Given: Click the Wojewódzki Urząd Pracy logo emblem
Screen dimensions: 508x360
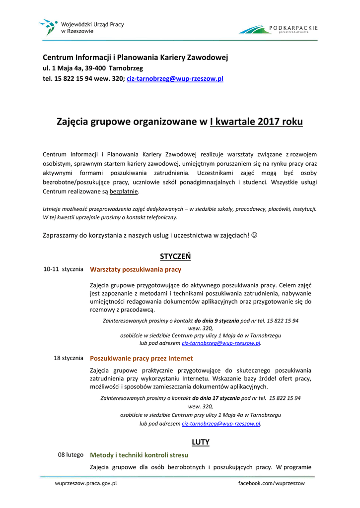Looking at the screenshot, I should [48, 26].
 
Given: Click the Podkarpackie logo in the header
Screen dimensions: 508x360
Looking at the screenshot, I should [278, 29].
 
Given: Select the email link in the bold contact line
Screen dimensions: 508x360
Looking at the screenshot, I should [175, 78].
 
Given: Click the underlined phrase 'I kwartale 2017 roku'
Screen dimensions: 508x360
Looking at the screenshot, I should [256, 122].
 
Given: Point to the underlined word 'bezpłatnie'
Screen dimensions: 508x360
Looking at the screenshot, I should [124, 191].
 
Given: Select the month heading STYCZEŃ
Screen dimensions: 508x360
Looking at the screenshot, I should [175, 256].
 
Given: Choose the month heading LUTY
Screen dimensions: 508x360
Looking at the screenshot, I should [201, 442].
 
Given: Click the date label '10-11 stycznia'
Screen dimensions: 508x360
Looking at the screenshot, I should [63, 269].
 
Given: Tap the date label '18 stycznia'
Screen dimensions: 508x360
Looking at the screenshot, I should [68, 358].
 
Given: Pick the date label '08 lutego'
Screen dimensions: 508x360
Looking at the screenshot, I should [71, 454].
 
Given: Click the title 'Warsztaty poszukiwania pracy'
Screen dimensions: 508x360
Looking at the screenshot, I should [136, 270].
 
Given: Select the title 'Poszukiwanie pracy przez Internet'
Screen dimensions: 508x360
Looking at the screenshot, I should [142, 358].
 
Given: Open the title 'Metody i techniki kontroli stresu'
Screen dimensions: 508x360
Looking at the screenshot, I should [139, 455].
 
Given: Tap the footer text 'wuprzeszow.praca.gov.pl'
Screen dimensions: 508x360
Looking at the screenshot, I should [85, 483].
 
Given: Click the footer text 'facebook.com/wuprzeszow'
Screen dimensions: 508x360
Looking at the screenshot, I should [272, 483].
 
